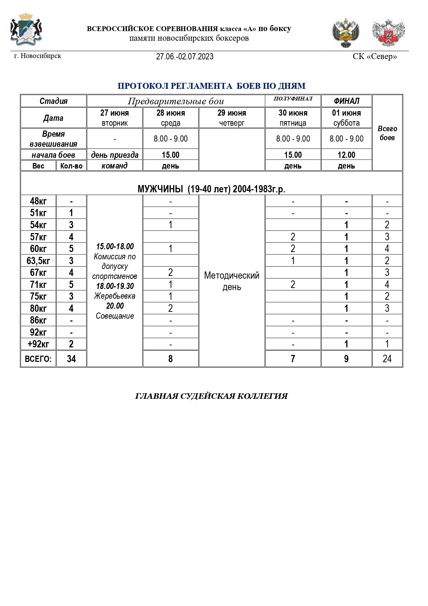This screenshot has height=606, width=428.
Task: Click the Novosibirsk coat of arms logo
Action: click(x=26, y=30)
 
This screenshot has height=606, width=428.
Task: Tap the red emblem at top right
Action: click(x=388, y=33)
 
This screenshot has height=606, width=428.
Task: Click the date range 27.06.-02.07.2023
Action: click(x=185, y=57)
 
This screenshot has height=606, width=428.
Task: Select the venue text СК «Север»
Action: click(x=375, y=56)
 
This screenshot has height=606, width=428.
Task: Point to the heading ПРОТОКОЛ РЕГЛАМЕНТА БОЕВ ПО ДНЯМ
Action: click(x=211, y=86)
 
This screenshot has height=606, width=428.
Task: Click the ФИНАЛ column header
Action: click(x=346, y=101)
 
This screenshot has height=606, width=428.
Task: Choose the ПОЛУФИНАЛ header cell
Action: click(x=293, y=99)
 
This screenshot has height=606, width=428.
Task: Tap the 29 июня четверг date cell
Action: click(x=232, y=118)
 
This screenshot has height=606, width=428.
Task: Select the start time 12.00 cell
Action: click(x=346, y=155)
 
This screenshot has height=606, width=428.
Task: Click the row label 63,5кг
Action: click(x=38, y=261)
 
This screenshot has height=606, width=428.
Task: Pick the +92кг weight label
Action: click(x=38, y=344)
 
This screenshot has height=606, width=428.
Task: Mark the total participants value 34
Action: click(x=71, y=359)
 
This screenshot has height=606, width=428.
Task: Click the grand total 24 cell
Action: click(x=387, y=359)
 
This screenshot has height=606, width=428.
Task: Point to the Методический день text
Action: click(x=232, y=281)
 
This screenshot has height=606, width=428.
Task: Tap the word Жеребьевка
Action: click(x=115, y=296)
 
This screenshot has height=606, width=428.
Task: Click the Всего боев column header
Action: click(x=387, y=133)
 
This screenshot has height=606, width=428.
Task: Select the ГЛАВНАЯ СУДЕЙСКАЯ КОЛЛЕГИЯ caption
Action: click(x=211, y=396)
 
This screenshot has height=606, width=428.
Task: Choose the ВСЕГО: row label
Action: click(x=38, y=359)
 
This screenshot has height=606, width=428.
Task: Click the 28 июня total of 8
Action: click(x=170, y=359)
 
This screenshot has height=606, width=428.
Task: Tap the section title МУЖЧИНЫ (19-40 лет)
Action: click(x=211, y=189)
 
